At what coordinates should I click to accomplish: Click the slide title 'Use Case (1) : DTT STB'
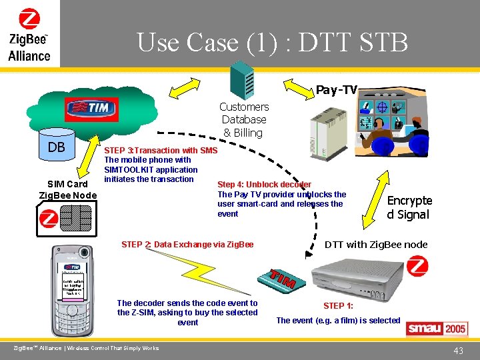click(x=272, y=42)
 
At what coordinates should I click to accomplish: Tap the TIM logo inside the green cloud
click(x=91, y=108)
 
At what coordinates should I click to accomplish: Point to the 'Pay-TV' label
click(x=337, y=89)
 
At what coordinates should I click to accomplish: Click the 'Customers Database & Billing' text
click(x=244, y=119)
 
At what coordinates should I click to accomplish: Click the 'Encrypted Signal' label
click(x=409, y=207)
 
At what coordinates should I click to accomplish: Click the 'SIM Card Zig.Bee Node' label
click(x=68, y=189)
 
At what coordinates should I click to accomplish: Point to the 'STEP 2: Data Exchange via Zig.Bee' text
click(x=187, y=245)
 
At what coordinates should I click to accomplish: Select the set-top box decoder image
click(x=360, y=276)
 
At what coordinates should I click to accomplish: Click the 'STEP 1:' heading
click(x=339, y=306)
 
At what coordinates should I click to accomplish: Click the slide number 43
click(x=458, y=351)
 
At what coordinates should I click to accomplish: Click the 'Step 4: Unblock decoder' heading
click(x=264, y=185)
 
